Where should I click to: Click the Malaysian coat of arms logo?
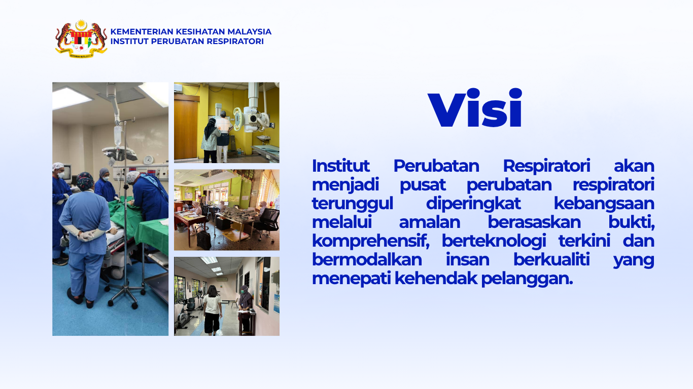click(81, 38)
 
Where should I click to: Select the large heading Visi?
click(475, 109)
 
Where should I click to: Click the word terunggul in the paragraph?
click(352, 203)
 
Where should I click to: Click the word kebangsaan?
click(604, 203)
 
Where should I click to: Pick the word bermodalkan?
click(367, 259)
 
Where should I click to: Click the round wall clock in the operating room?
click(148, 160)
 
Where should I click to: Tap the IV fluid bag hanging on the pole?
click(118, 136)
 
